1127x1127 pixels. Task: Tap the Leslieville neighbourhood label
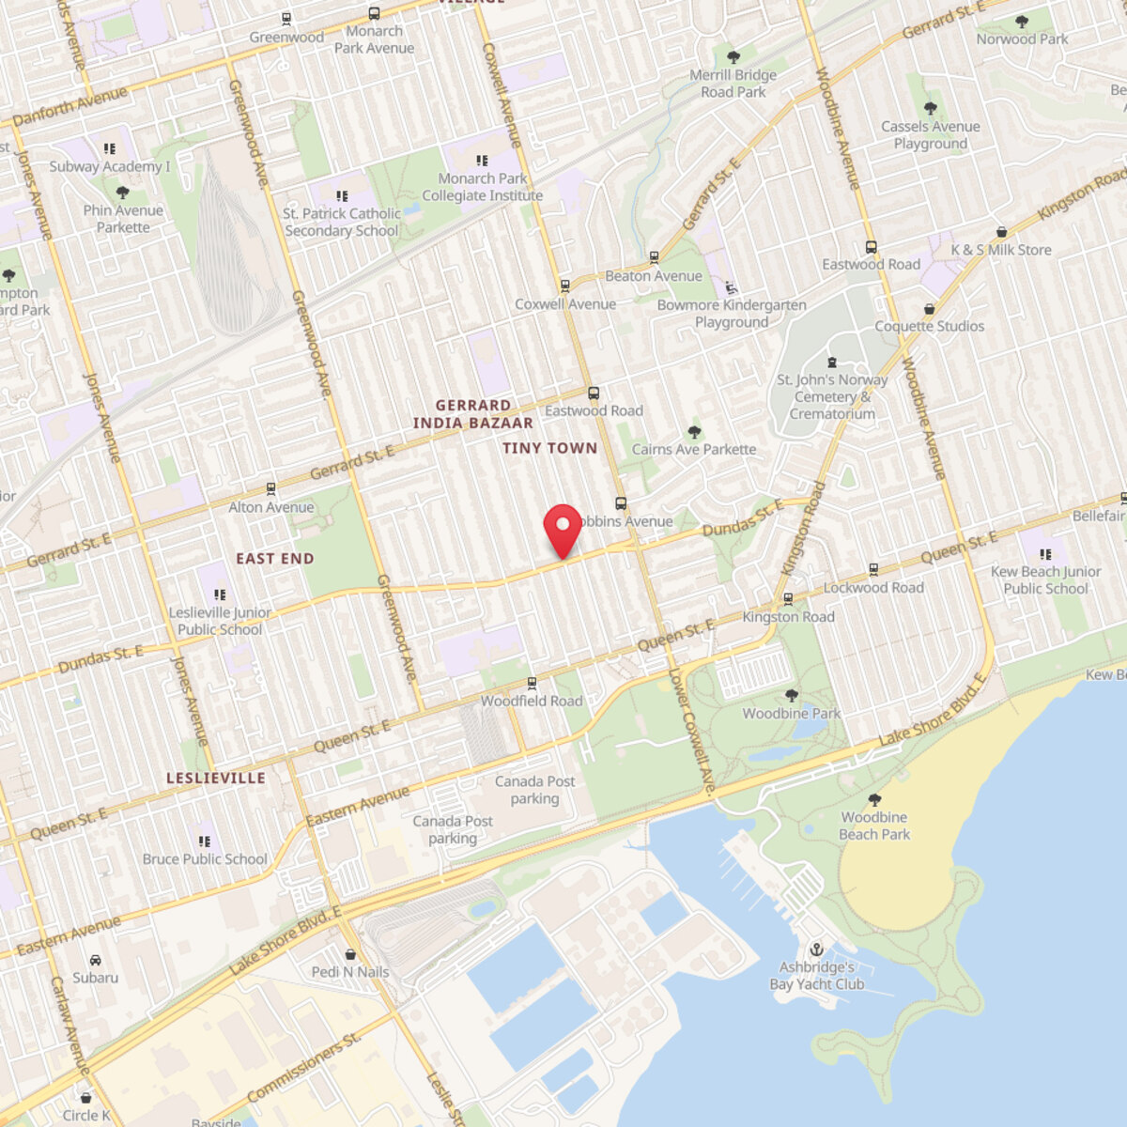tap(216, 778)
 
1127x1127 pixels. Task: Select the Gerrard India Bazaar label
tap(472, 414)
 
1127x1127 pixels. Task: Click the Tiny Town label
tap(549, 448)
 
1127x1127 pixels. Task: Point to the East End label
tap(275, 559)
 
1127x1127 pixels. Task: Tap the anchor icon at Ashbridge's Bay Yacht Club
tap(816, 949)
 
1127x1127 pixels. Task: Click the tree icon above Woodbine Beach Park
tap(874, 800)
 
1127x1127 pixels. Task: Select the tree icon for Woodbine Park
tap(791, 696)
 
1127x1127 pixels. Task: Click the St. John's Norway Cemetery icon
tap(831, 363)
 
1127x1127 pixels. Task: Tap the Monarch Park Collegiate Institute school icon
tap(482, 162)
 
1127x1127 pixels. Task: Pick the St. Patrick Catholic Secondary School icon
tap(341, 195)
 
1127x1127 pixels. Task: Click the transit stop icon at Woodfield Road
tap(532, 683)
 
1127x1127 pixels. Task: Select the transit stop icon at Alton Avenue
tap(271, 489)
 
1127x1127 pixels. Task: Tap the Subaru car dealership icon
tap(96, 960)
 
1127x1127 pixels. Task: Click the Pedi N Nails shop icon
tap(350, 954)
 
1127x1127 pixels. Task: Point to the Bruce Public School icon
tap(205, 841)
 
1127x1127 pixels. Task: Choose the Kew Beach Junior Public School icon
tap(1045, 554)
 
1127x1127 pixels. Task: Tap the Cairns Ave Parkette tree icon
tap(694, 432)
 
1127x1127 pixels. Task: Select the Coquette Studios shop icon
tap(930, 309)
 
